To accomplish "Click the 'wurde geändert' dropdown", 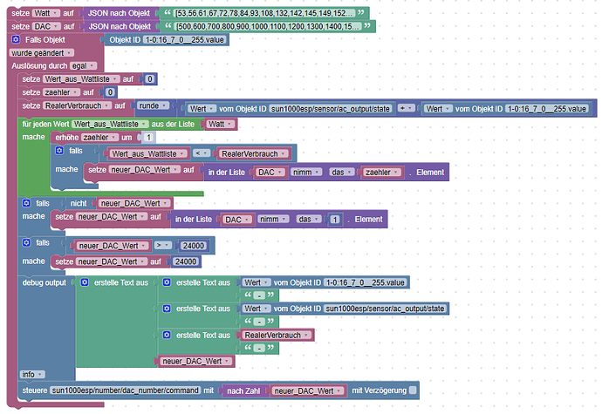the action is click(x=42, y=53).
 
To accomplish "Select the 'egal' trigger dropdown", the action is click(x=83, y=66).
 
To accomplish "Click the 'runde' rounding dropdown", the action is click(x=153, y=105).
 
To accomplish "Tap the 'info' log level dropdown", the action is click(x=32, y=374).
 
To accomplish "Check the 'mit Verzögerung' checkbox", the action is click(x=413, y=390).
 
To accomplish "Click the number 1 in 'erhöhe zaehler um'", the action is click(x=148, y=137).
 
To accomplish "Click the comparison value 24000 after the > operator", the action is click(x=193, y=246).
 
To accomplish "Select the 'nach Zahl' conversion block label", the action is click(x=243, y=391).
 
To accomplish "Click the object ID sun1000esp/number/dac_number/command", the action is click(x=126, y=390).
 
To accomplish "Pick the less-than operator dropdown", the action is click(x=202, y=153).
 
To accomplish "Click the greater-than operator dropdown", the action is click(x=163, y=245).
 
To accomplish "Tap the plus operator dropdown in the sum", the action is click(x=406, y=108).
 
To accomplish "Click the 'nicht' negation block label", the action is click(x=79, y=203).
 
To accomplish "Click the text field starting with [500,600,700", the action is click(x=268, y=26).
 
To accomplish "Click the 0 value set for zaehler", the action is click(x=110, y=92).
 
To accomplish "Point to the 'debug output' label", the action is click(x=44, y=282).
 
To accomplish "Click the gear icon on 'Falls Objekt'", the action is click(x=16, y=39).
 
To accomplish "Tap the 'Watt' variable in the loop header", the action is click(x=220, y=124).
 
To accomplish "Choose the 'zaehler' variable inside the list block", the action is click(x=381, y=173).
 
